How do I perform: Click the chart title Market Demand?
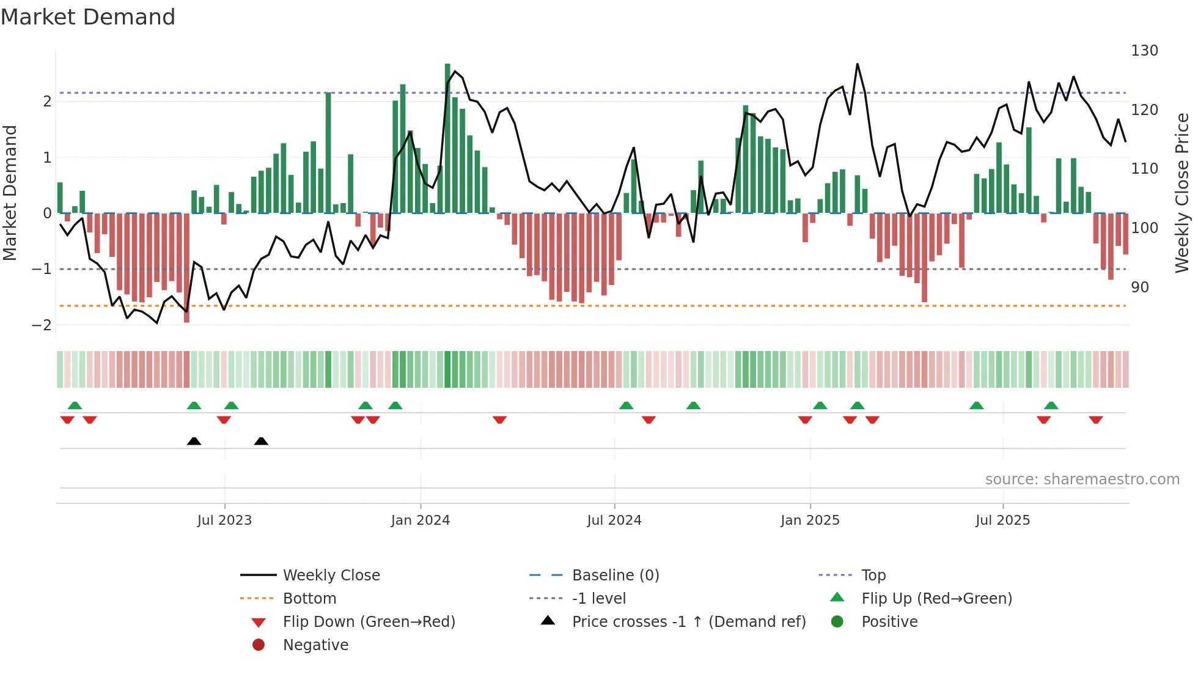(x=88, y=17)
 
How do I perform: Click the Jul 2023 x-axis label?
(x=224, y=520)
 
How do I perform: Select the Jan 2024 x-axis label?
(x=421, y=520)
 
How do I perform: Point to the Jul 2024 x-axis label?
(x=614, y=520)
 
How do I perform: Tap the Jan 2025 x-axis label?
(x=810, y=520)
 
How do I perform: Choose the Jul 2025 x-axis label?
(x=1002, y=520)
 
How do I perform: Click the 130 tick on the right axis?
(x=1144, y=51)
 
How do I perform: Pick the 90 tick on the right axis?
(x=1140, y=287)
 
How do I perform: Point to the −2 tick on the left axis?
(x=42, y=325)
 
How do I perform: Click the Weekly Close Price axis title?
(x=1182, y=193)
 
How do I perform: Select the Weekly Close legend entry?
(x=331, y=576)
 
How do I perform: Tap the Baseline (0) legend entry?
(x=616, y=576)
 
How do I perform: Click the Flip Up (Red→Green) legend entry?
(x=936, y=599)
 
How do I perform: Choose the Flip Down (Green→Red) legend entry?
(x=369, y=622)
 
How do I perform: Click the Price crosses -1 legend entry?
(x=689, y=622)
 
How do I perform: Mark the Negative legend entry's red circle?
(x=259, y=645)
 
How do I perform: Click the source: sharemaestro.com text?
(x=1082, y=480)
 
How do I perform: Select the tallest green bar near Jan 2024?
(x=447, y=138)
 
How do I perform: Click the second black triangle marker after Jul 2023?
(x=261, y=441)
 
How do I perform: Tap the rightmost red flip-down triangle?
(x=1095, y=420)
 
